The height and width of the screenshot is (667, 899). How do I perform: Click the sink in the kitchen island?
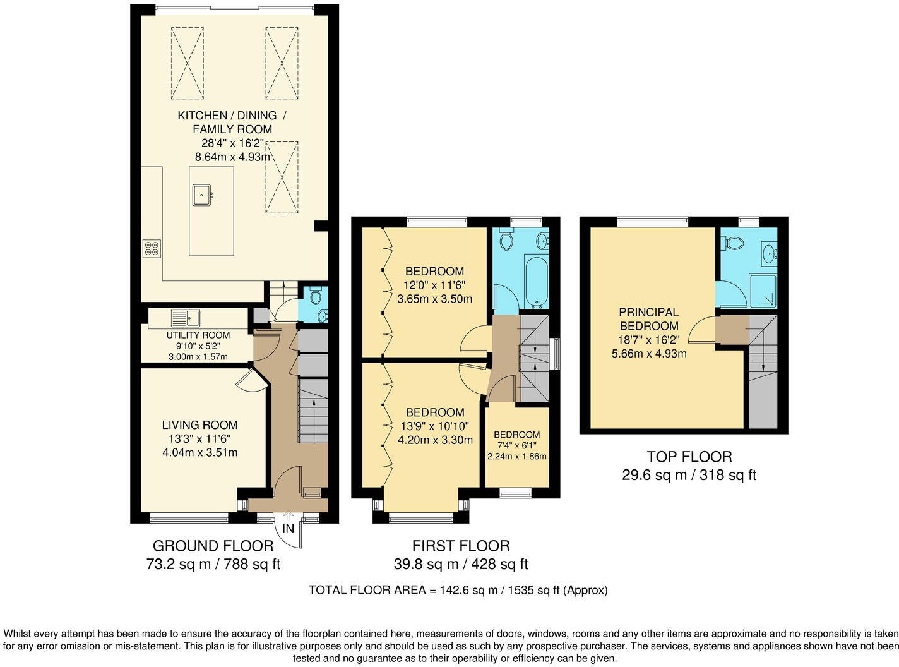coord(202,195)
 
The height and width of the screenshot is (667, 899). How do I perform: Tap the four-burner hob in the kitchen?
coord(152,248)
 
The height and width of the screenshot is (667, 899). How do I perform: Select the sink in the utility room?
coord(185,318)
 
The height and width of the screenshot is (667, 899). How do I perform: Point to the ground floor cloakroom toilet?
coord(316,295)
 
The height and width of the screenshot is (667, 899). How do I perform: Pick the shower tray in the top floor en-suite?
coord(763,291)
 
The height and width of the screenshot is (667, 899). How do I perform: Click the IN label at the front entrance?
coord(289,529)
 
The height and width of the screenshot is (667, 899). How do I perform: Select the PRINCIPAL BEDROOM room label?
coord(649,319)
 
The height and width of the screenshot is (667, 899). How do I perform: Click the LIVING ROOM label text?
coord(199,425)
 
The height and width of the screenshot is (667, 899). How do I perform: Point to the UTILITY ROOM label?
coord(198,335)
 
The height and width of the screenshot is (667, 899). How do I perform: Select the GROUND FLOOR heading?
coord(213,546)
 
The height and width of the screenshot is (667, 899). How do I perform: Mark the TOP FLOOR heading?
coord(689,456)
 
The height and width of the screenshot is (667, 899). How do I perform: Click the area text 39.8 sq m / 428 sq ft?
coord(461,564)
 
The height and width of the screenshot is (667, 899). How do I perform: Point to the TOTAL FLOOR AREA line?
coord(458,590)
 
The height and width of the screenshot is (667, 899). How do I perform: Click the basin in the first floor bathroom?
coord(542,241)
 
